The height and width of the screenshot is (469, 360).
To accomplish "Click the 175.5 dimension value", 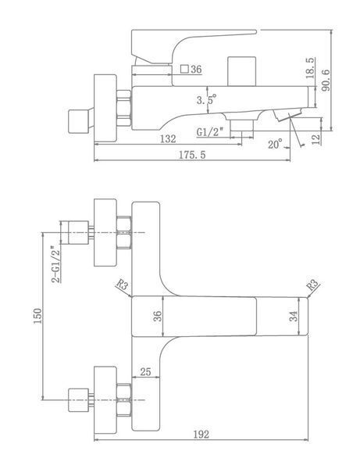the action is (x=192, y=155).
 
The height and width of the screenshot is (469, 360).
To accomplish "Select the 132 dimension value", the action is (x=168, y=139).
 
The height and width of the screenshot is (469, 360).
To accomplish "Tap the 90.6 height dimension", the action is (x=326, y=81).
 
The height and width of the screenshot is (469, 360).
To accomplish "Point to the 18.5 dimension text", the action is (x=310, y=68).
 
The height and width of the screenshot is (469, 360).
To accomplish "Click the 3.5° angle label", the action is (x=206, y=99).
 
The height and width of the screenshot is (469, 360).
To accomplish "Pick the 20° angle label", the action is (x=275, y=144).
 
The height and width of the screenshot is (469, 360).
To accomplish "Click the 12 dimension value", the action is (x=315, y=139).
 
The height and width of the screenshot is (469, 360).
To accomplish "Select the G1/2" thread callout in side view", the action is (x=210, y=131).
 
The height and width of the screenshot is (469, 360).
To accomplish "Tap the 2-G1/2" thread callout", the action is (x=56, y=264).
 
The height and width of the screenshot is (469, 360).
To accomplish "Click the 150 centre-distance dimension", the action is (x=37, y=316).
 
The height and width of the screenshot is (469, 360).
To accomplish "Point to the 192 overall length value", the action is (x=201, y=435).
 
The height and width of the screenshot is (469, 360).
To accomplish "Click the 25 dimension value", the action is (x=145, y=372).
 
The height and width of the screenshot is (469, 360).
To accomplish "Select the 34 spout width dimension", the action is (x=294, y=316).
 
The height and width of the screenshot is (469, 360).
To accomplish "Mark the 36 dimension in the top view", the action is (x=158, y=316).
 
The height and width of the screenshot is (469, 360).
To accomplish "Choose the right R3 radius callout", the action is (x=313, y=285).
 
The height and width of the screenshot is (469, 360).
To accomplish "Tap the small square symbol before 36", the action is (x=184, y=69).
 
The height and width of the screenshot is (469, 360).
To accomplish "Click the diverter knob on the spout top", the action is (x=242, y=71).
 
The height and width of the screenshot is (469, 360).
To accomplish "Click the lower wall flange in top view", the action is (x=105, y=400).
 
